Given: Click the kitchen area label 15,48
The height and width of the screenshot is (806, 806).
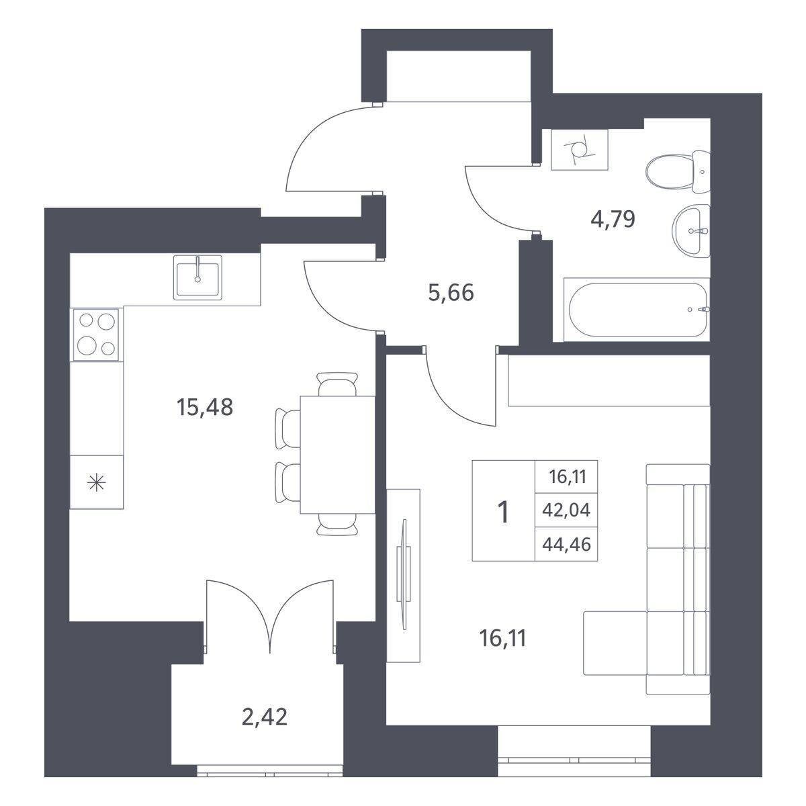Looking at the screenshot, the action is point(205,407).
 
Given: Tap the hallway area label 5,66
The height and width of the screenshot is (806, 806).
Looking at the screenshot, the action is point(451,292).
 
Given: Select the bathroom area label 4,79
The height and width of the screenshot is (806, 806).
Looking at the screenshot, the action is point(613,219).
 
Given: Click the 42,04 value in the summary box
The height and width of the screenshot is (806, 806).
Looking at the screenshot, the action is point(566,510).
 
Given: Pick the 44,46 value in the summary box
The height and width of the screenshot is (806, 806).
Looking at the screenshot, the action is point(566,544).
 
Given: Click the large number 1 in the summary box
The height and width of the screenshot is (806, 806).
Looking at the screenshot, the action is point(504,512).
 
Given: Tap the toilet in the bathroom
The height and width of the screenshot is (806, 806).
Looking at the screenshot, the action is point(678,171).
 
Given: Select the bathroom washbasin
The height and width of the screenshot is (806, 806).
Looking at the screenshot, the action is point(691,231).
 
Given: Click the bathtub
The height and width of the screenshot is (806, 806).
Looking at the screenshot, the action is point(637,310).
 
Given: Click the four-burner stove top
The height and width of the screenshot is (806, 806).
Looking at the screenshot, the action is point(97,334).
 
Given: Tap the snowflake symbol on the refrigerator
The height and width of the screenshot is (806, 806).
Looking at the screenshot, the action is point(96,483).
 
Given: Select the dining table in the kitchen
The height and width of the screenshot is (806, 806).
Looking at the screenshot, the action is point(337,455).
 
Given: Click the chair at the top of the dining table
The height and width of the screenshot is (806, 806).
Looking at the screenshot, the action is point(337,384).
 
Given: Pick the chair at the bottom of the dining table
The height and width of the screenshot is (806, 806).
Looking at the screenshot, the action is point(337,525).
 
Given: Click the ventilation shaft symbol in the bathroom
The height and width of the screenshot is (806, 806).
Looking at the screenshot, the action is point(579,149).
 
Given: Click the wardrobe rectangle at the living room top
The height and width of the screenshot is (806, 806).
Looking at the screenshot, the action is point(609,381).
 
